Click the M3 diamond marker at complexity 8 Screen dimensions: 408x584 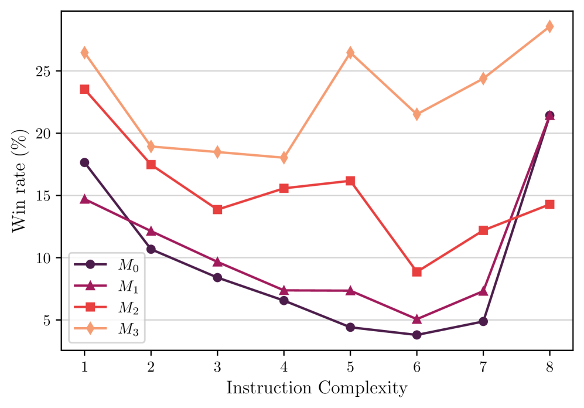tap(549, 26)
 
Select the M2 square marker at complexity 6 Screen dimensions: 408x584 tap(416, 271)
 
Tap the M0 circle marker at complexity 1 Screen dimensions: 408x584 tap(84, 162)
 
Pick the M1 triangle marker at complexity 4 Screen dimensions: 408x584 tap(284, 290)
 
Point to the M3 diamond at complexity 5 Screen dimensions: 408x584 tap(350, 53)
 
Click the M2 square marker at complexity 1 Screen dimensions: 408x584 tap(84, 89)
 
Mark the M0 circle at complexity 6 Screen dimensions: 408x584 tap(416, 335)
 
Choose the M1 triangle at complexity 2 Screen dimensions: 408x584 tap(151, 231)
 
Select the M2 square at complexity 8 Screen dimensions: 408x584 tap(549, 204)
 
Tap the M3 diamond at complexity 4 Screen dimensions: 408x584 tap(284, 157)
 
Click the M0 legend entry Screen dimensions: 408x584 tap(108, 264)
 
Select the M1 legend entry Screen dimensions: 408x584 tap(108, 286)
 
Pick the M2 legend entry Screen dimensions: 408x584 tap(108, 307)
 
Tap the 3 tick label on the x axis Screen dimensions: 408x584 tap(217, 365)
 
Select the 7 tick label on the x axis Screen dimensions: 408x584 tap(483, 365)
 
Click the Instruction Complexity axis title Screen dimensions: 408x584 tap(317, 388)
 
